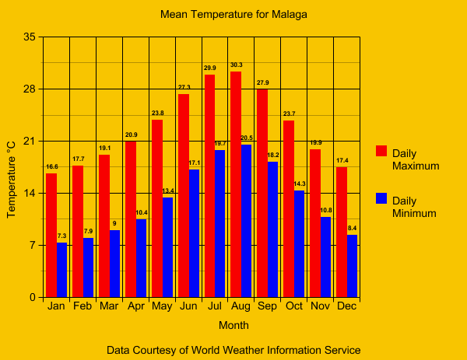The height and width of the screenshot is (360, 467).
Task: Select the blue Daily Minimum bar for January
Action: coord(62,270)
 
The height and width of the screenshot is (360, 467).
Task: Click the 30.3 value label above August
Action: coord(236,65)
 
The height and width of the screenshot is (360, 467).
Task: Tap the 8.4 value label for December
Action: coord(353,228)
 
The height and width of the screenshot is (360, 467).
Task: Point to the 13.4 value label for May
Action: coord(168,190)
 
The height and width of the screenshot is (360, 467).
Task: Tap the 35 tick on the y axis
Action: coord(29,37)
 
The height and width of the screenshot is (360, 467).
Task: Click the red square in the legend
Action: coord(381,150)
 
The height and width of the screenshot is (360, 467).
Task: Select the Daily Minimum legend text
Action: coord(414,207)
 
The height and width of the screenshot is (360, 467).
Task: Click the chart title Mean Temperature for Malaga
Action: coord(233,14)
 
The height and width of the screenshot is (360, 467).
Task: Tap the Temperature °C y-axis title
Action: coord(12,179)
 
